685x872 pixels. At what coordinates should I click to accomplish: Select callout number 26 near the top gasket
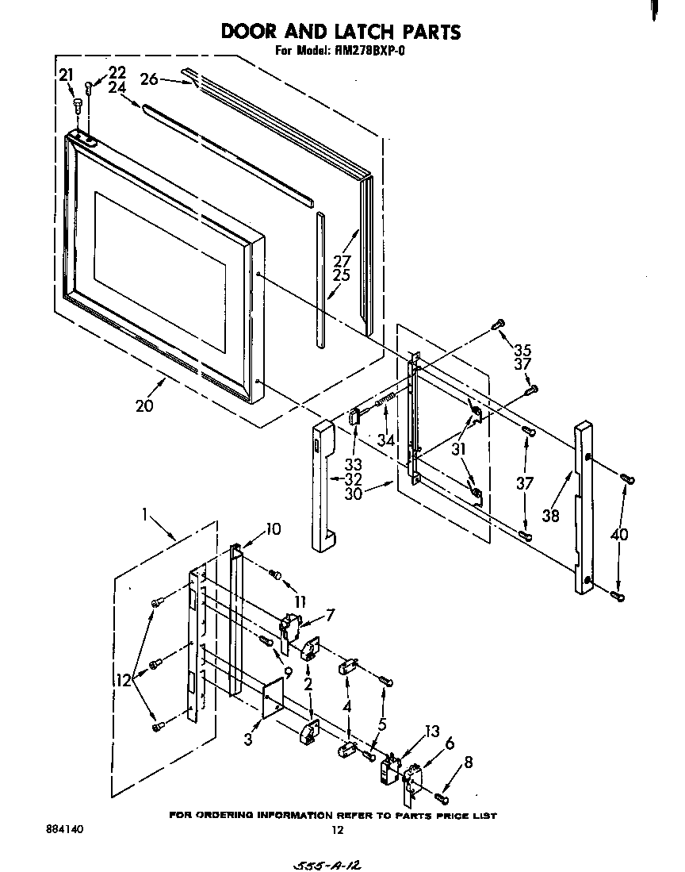(150, 79)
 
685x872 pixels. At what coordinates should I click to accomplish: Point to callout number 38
(551, 515)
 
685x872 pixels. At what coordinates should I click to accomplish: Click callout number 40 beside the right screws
(618, 534)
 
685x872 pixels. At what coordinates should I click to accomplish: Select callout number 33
(353, 464)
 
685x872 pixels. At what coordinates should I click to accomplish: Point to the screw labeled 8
(442, 797)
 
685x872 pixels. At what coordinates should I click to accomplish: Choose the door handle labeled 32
(320, 488)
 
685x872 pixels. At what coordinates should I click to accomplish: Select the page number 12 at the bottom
(337, 830)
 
